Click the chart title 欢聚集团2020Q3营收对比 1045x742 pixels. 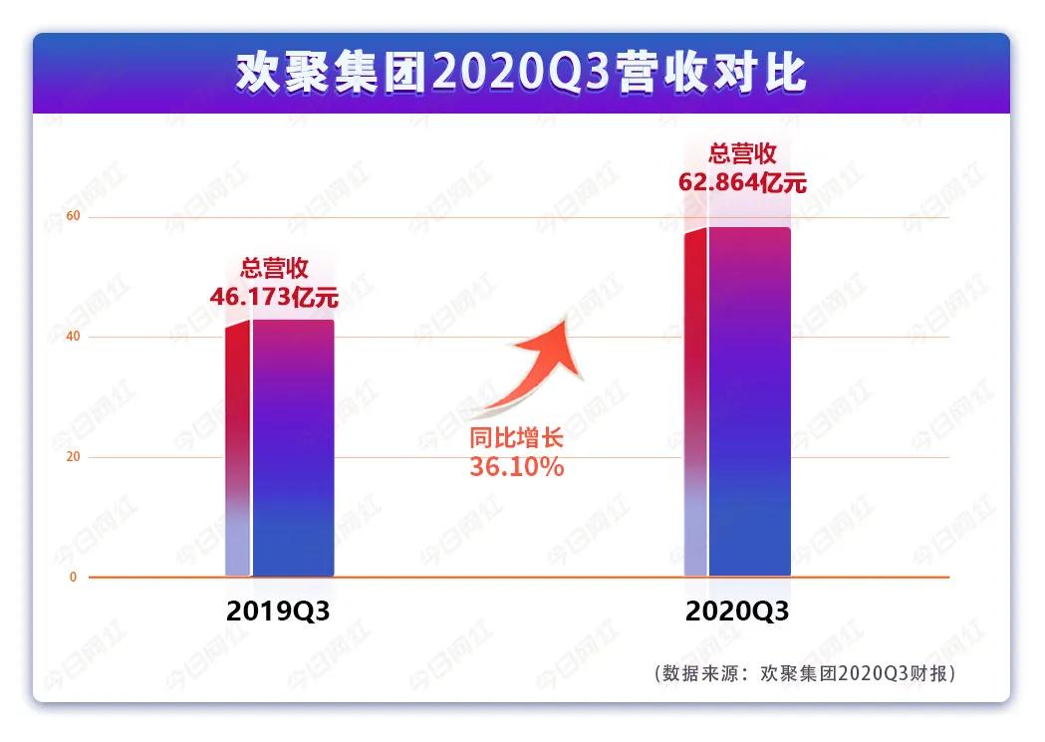[x=521, y=74]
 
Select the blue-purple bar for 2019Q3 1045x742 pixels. [x=292, y=448]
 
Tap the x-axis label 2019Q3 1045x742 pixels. [x=278, y=612]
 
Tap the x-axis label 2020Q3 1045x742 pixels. [x=737, y=612]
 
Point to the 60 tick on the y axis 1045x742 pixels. [x=72, y=217]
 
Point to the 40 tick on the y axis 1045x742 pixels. [x=72, y=338]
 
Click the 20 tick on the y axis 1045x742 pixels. [x=72, y=457]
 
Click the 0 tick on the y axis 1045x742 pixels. [x=72, y=578]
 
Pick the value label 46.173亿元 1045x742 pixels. [x=274, y=296]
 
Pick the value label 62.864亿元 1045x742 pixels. [x=741, y=182]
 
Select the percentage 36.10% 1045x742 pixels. [x=516, y=466]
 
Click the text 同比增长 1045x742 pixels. [x=516, y=439]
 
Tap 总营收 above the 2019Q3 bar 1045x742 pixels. [x=274, y=269]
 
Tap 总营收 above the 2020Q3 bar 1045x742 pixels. [x=741, y=154]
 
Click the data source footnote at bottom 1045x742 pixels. [x=806, y=673]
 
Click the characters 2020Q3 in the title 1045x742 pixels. [x=521, y=74]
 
